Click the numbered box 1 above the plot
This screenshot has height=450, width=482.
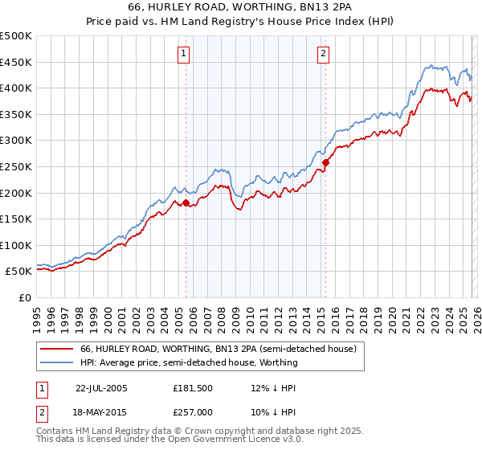pos(184,54)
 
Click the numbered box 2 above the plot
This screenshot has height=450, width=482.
pos(323,54)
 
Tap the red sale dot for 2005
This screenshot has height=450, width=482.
pos(186,202)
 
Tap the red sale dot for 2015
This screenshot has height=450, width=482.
pos(325,163)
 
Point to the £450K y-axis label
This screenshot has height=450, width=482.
pos(16,62)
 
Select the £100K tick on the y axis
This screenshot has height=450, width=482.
pos(16,245)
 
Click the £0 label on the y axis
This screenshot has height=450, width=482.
pos(24,297)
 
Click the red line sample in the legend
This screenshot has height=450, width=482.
pos(56,349)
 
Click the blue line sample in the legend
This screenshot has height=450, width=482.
pos(56,362)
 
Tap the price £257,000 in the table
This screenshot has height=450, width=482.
pos(192,413)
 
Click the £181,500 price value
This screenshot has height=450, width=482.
pos(192,387)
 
